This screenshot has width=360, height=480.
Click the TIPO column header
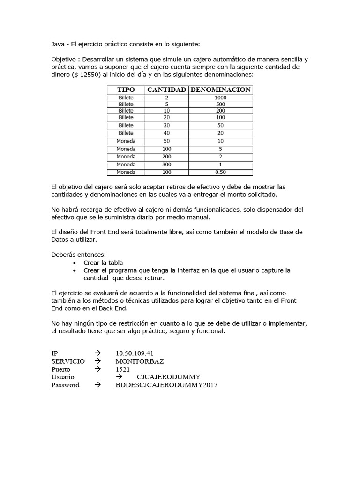coord(126,90)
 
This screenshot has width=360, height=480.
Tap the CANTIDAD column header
coord(167,90)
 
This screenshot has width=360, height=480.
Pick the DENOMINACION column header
coord(220,90)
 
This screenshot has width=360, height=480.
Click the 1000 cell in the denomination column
coord(220,97)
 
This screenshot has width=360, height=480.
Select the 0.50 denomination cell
coord(220,172)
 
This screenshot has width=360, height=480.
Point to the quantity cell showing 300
coord(167,165)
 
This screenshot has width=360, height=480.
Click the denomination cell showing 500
coord(220,104)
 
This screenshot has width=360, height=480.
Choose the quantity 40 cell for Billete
coord(167,133)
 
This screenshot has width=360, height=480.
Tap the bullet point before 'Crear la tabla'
coord(75,263)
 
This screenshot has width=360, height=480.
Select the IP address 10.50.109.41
coord(135,353)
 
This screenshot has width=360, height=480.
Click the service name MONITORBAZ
coord(140,361)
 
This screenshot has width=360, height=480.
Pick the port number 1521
coord(123,369)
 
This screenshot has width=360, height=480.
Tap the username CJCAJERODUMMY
coord(169,377)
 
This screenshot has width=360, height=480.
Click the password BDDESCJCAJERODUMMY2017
coord(166,385)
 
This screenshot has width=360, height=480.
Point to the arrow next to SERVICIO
coord(97,361)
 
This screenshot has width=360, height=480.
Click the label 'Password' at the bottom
coord(65,385)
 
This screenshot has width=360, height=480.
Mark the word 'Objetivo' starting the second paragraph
coord(63,60)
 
